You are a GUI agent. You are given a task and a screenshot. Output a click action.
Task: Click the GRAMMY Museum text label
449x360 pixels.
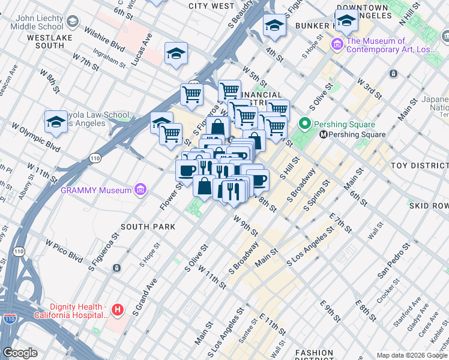[x=96, y=190]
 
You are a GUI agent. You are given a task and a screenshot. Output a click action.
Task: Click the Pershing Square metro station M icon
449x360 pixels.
[x=323, y=134]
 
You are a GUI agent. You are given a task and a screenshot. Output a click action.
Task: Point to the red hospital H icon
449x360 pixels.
[x=118, y=310]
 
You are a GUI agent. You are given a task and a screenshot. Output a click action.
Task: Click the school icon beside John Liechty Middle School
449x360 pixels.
[x=73, y=22]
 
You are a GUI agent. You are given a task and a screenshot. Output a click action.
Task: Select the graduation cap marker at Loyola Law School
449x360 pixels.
[x=56, y=122]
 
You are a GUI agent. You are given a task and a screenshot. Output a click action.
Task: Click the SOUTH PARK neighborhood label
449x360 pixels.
[x=148, y=227]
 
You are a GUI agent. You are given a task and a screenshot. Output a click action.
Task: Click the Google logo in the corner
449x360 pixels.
[x=20, y=353]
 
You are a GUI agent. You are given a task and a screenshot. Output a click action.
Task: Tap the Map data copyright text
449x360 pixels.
[x=412, y=355]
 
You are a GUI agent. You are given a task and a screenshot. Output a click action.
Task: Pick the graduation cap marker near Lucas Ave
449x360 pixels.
[x=176, y=54]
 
